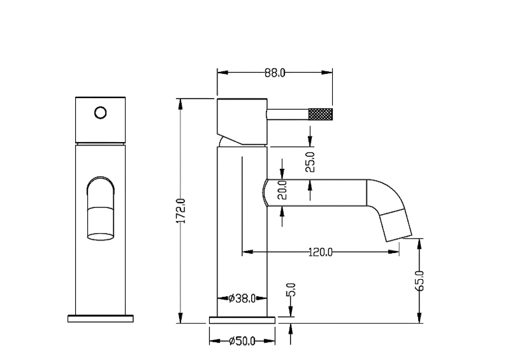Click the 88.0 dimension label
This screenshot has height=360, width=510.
click(x=275, y=73)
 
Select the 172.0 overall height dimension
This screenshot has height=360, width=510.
click(x=181, y=211)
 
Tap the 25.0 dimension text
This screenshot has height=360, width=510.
click(x=310, y=162)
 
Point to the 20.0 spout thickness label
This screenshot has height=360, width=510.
click(x=282, y=190)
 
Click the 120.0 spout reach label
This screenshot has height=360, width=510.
click(x=321, y=252)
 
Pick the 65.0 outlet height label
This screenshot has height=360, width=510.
click(x=419, y=280)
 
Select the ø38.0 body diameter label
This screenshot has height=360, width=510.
click(x=242, y=298)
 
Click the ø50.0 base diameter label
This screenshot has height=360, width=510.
click(x=242, y=341)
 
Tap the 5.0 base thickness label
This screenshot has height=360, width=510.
click(x=291, y=289)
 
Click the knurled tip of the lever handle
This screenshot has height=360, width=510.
click(x=321, y=114)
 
